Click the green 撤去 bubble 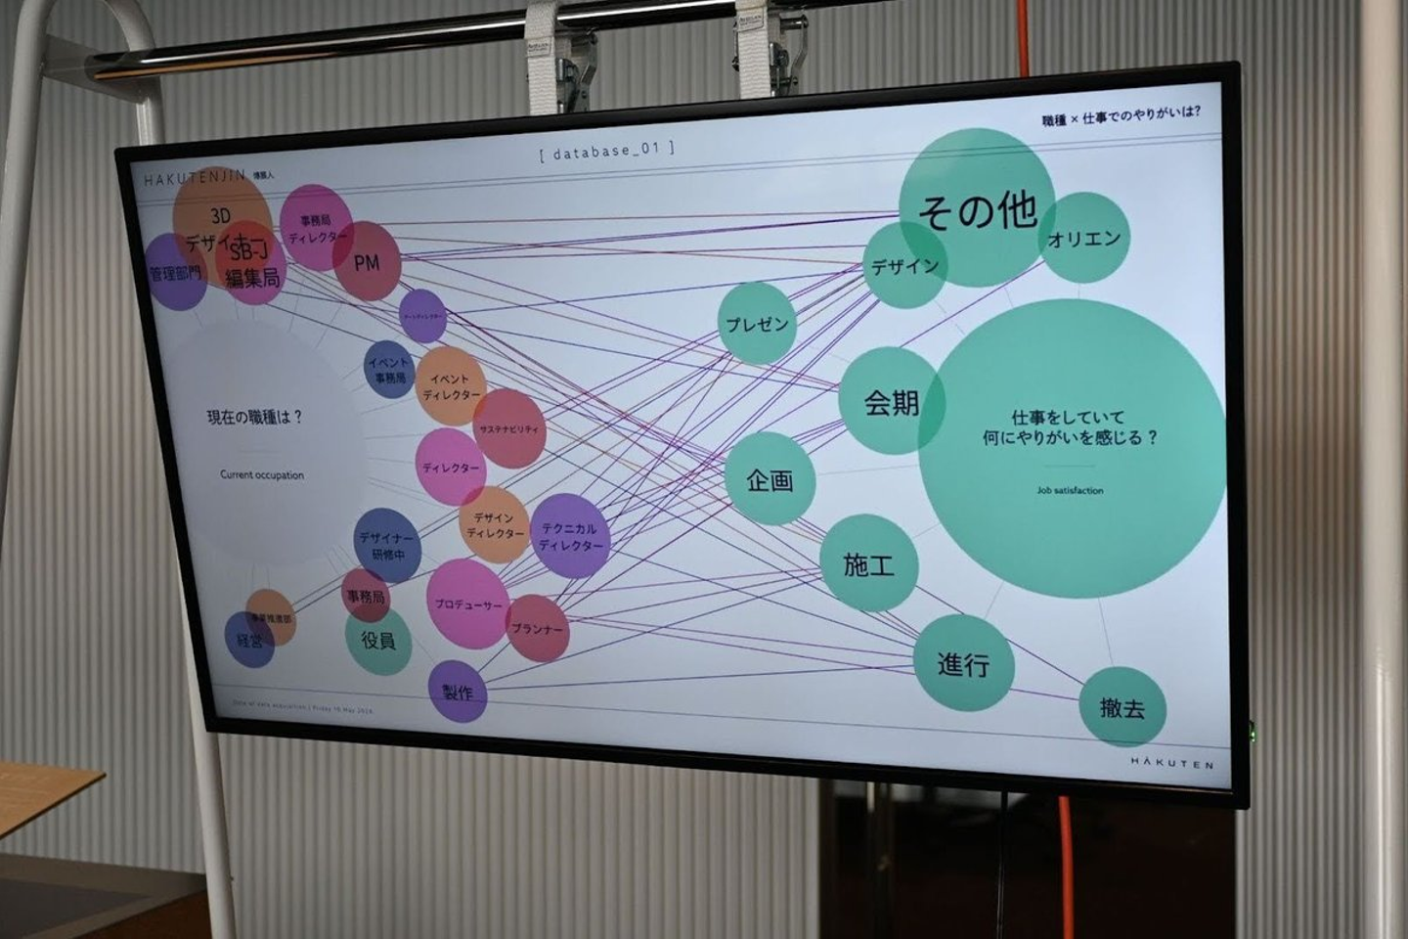[x=1122, y=707]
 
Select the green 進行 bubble [x=963, y=664]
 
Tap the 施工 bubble [x=868, y=564]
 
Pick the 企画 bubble [x=770, y=479]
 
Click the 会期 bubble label [x=891, y=402]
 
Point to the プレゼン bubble [x=757, y=324]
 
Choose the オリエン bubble [x=1084, y=238]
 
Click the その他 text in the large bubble [x=977, y=209]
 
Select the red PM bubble [x=367, y=262]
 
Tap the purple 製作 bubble [x=458, y=692]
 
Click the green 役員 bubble [x=378, y=641]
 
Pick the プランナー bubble [x=537, y=628]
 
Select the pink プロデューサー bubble [x=467, y=604]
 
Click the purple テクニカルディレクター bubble [x=569, y=536]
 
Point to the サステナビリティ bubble [x=508, y=428]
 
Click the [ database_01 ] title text [x=606, y=152]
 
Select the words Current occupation [x=261, y=475]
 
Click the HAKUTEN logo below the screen [x=1171, y=763]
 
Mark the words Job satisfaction [x=1070, y=490]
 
